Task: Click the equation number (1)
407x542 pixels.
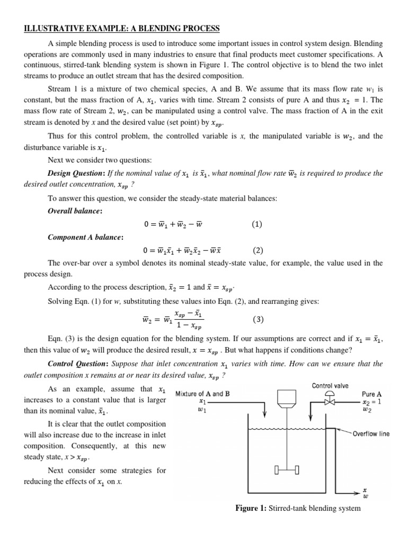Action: (257, 224)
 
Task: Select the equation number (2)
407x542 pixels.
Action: (258, 250)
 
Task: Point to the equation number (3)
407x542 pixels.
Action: (258, 320)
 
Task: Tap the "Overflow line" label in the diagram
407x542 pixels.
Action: (371, 434)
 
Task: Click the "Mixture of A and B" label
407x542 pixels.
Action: (202, 394)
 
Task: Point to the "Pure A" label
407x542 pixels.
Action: (371, 394)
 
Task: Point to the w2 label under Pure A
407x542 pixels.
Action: (366, 409)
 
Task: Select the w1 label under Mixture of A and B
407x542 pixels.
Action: (201, 409)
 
